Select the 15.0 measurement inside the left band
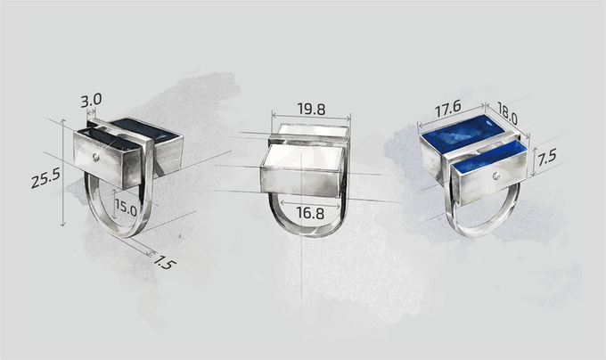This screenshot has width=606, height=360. (126, 210)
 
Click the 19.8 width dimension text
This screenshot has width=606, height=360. (311, 110)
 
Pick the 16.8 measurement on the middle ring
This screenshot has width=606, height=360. (310, 213)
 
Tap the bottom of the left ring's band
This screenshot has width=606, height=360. (126, 233)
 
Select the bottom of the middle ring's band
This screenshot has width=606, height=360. (307, 235)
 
